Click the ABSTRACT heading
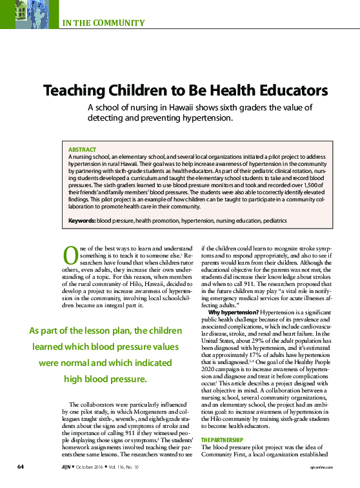tap(82, 149)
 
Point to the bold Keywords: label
tap(82, 221)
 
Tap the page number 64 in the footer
tap(21, 466)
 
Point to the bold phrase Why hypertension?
tap(233, 312)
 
